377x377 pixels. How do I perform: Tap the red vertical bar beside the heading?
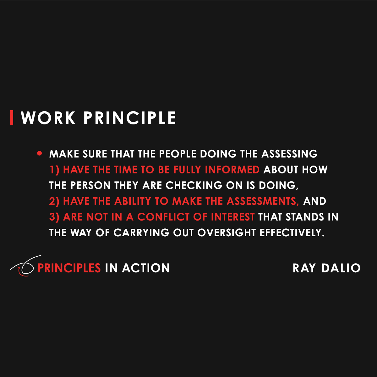pyautogui.click(x=12, y=118)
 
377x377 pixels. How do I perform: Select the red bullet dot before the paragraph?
pyautogui.click(x=40, y=154)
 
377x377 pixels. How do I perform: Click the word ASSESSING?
pyautogui.click(x=289, y=154)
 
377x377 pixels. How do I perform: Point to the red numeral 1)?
pyautogui.click(x=54, y=170)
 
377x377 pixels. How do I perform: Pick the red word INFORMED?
pyautogui.click(x=232, y=170)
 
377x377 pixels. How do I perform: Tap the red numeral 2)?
pyautogui.click(x=54, y=201)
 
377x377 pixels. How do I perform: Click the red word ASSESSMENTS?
pyautogui.click(x=263, y=201)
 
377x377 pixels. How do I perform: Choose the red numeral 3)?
pyautogui.click(x=54, y=217)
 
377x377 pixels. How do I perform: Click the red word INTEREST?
pyautogui.click(x=232, y=217)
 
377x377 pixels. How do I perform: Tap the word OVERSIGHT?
pyautogui.click(x=227, y=232)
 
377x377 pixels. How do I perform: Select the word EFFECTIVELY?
pyautogui.click(x=292, y=232)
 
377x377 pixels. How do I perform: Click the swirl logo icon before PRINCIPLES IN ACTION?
pyautogui.click(x=23, y=266)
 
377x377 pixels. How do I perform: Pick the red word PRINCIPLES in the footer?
pyautogui.click(x=69, y=268)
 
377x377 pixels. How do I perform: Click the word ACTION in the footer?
pyautogui.click(x=146, y=268)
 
